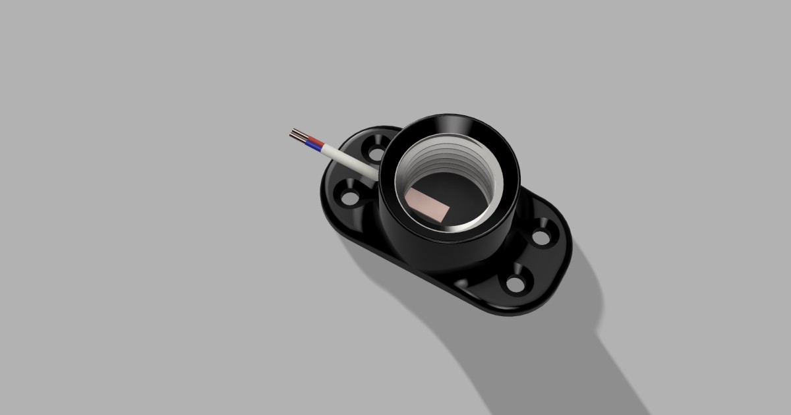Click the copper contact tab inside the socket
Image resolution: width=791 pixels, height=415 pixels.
tap(428, 206)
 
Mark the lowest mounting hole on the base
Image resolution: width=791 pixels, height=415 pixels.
tap(515, 285)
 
